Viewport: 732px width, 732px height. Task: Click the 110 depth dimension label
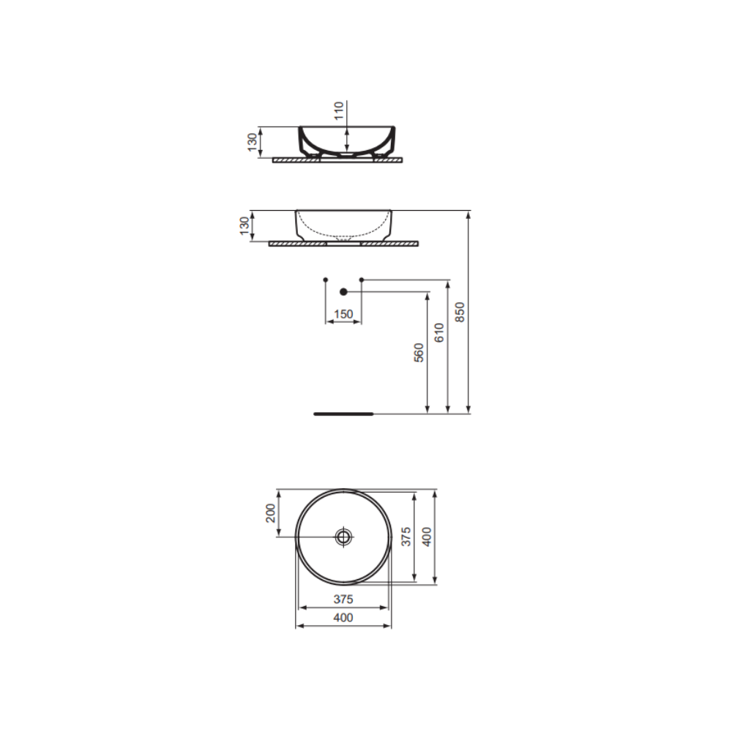(340, 111)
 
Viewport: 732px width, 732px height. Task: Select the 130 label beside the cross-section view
(253, 142)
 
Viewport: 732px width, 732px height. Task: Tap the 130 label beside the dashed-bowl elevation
(244, 226)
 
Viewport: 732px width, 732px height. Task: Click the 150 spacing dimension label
(343, 314)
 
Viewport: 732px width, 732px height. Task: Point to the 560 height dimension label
(419, 353)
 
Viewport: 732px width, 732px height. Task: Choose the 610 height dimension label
(439, 332)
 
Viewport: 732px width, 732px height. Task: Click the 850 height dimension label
(460, 312)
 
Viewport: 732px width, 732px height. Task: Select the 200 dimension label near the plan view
(271, 513)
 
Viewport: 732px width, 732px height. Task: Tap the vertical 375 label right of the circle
(406, 537)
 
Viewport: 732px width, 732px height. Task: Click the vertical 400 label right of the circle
(427, 537)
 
